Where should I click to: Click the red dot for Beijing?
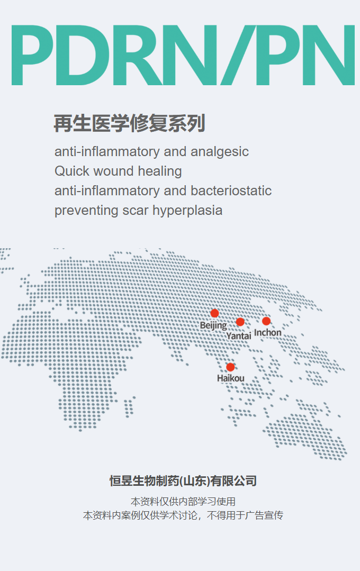point(214,313)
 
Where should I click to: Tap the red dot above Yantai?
point(240,322)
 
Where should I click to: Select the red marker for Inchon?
point(266,321)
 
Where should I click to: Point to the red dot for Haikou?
point(230,367)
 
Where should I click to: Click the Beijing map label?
point(213,325)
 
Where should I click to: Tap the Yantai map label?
point(239,336)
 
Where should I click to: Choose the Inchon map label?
point(268,332)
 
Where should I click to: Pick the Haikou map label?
point(231,378)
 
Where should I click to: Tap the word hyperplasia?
point(187,211)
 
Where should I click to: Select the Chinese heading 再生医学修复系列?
point(129,123)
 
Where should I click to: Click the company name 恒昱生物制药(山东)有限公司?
point(183,481)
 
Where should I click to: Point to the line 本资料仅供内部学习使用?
point(183,502)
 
